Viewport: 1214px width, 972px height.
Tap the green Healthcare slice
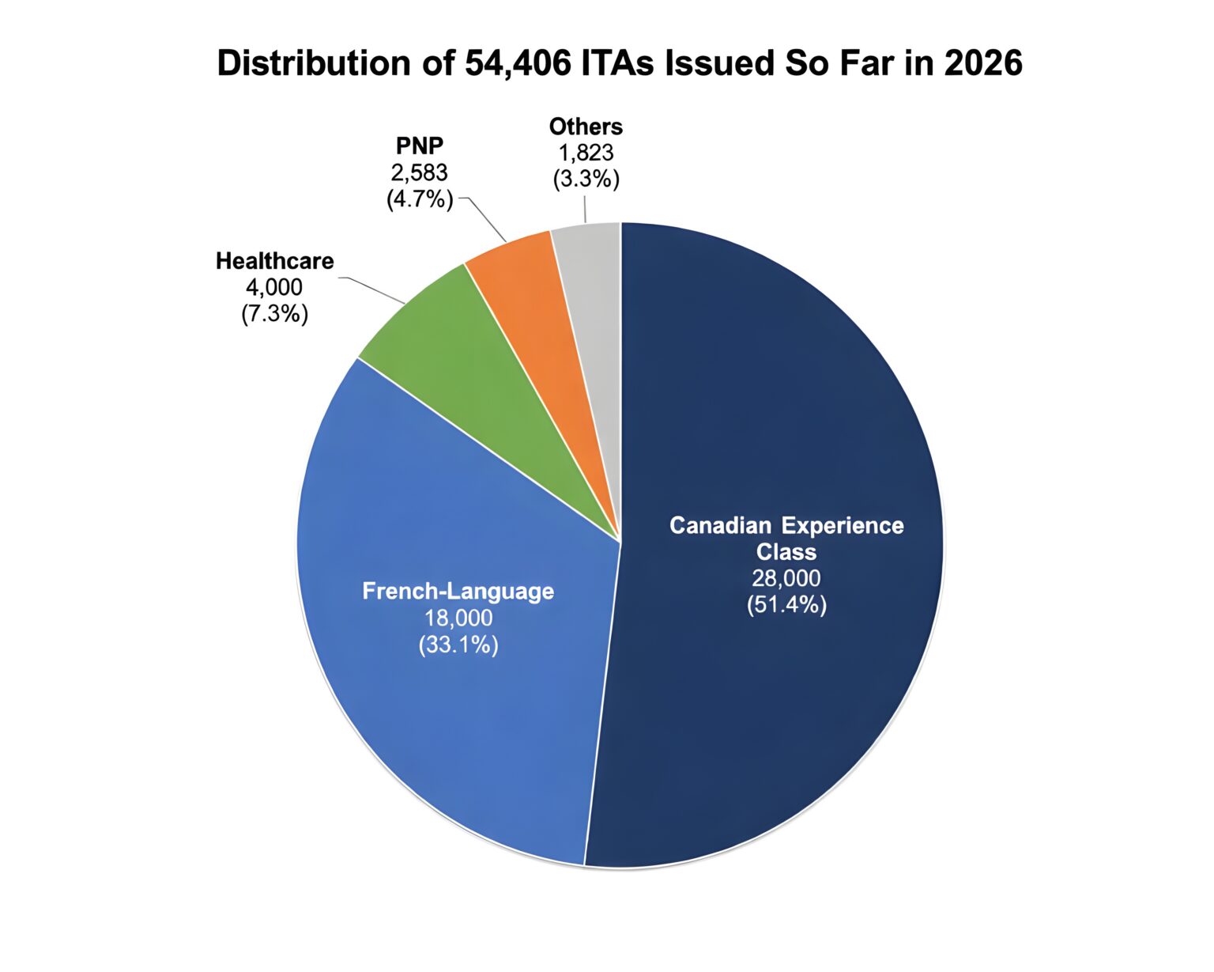coord(485,407)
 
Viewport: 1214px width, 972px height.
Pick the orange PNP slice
coord(541,338)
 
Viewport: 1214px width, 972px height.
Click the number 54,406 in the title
coord(518,63)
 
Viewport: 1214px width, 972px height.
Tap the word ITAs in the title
coord(618,62)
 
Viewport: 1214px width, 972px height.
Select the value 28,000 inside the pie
coord(786,578)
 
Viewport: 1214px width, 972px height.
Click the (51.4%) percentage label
coord(786,604)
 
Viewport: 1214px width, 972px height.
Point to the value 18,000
coord(458,618)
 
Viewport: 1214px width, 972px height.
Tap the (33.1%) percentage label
coord(458,645)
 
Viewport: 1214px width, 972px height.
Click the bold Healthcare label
coord(275,261)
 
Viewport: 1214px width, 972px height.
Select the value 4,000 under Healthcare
coord(274,287)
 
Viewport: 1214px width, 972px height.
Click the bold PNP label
coord(419,146)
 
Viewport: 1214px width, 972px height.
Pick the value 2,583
coord(419,172)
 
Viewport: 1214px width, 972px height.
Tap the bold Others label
coord(586,127)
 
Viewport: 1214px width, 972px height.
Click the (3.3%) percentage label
coord(586,179)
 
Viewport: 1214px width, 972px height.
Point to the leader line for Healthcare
coord(371,289)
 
